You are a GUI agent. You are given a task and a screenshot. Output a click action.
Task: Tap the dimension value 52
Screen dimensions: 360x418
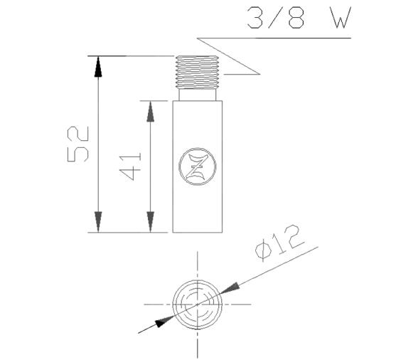78,144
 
